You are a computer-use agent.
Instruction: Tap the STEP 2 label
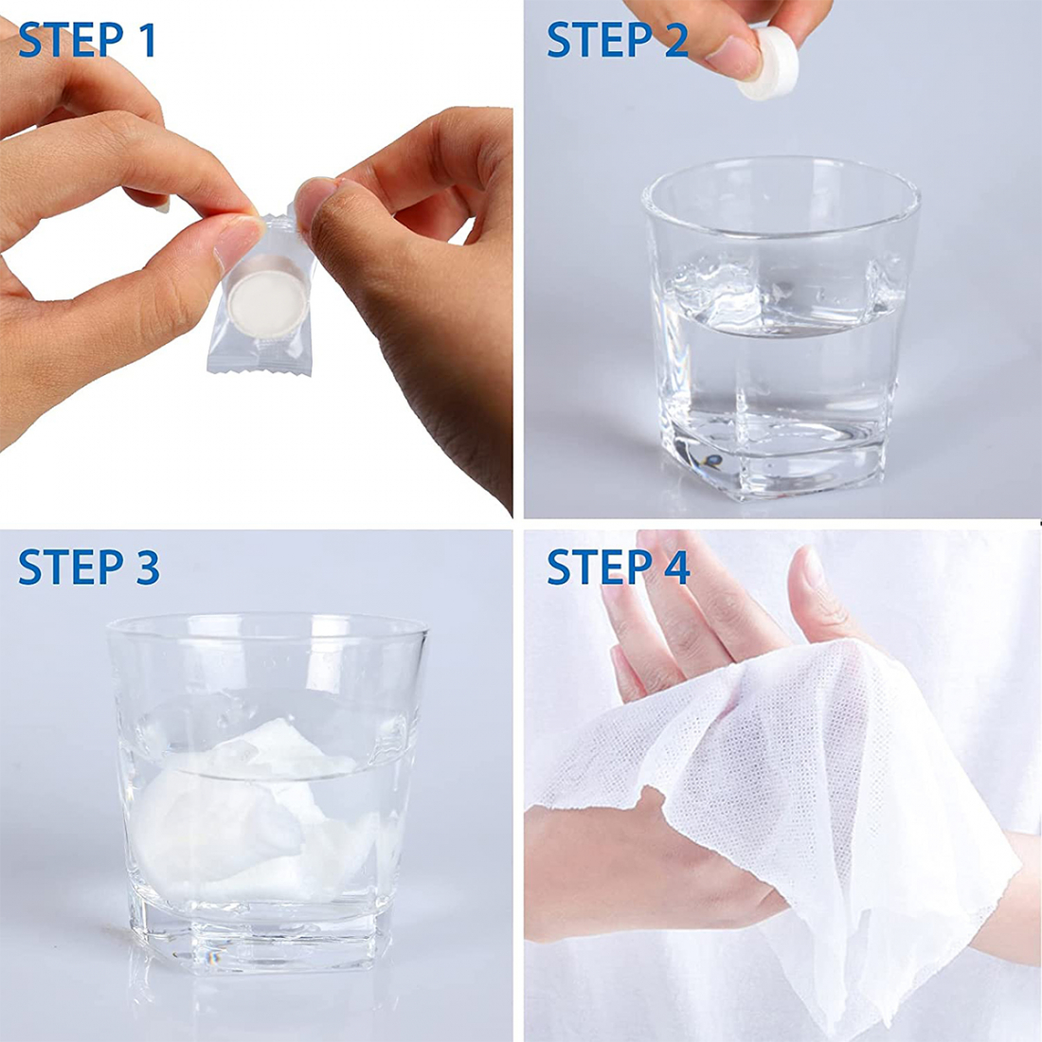[x=617, y=40]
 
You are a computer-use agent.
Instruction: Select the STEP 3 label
[x=88, y=567]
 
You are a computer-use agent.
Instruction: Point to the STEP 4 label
[x=618, y=567]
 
